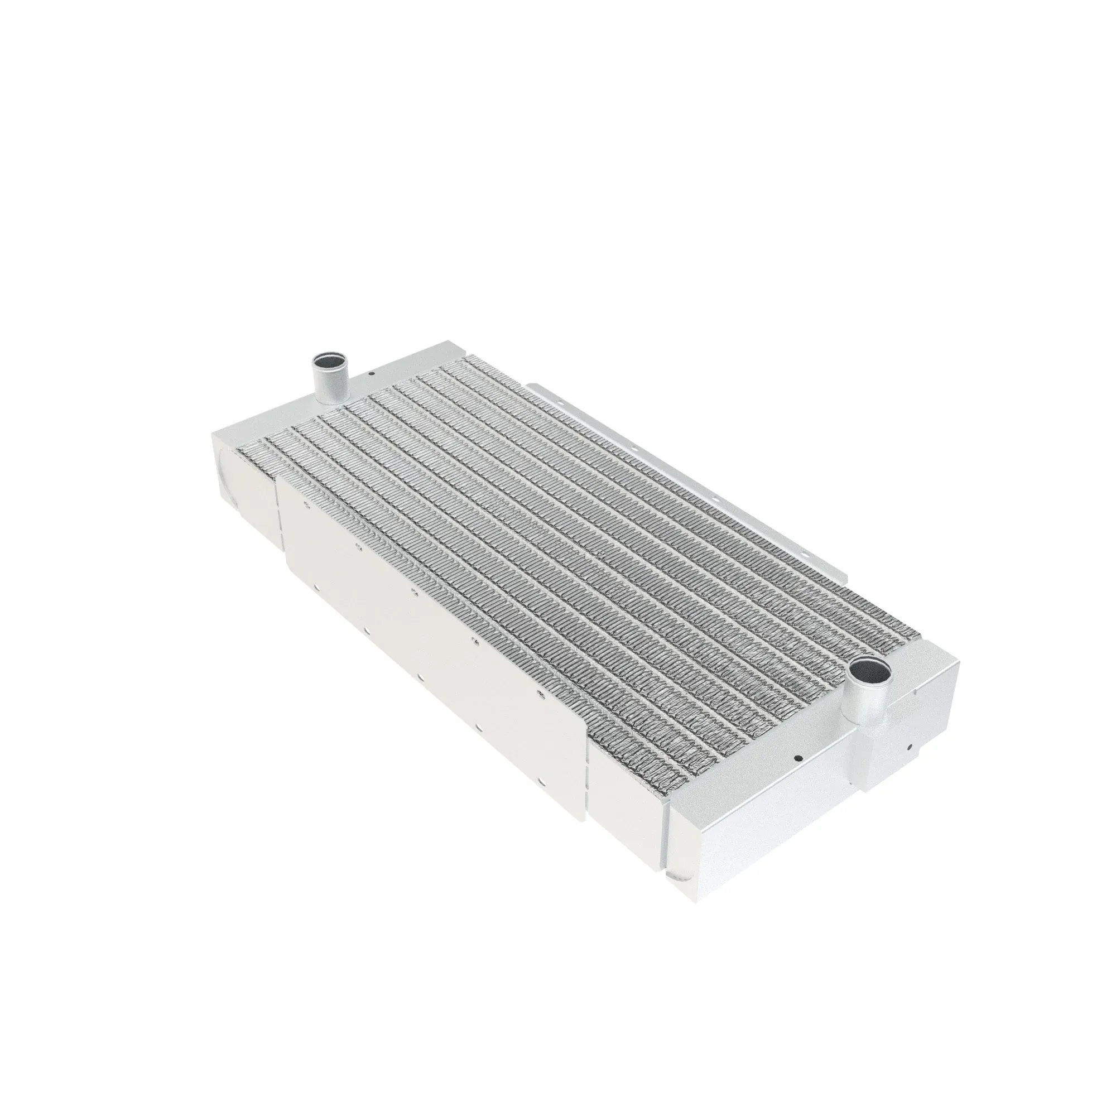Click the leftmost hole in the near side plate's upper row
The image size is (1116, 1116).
(306, 504)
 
